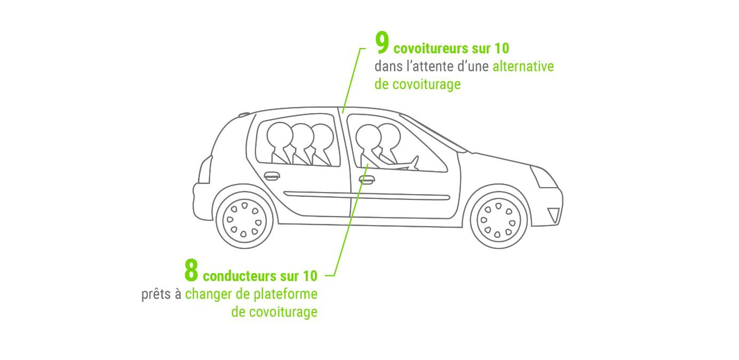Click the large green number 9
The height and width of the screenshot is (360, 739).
pos(382,44)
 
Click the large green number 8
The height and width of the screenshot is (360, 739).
pos(191,271)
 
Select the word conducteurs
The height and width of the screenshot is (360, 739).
pos(239,276)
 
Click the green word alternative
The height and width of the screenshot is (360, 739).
pos(523,67)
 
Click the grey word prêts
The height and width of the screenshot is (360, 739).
pos(156,294)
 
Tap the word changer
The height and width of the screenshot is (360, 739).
pos(205,295)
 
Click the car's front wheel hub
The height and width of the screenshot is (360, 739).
pos(498,219)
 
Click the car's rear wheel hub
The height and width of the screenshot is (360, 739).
pos(244,219)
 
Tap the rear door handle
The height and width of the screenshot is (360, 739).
pos(272,175)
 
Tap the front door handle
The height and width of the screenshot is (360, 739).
pos(366,179)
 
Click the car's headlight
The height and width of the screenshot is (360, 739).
pos(542,176)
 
